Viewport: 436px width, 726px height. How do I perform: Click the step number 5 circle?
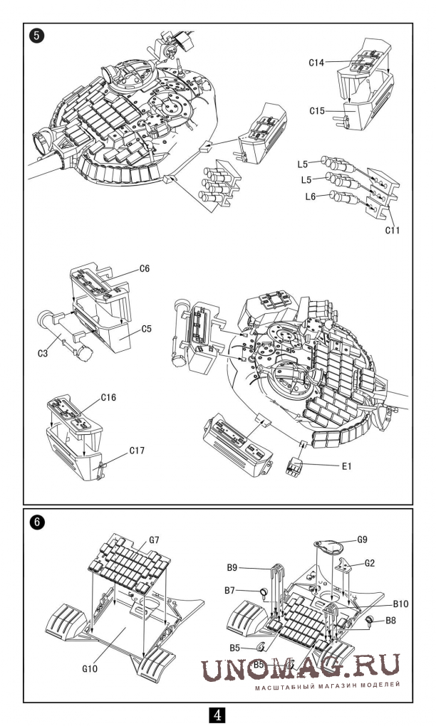[36, 36]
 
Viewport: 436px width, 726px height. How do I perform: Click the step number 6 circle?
[36, 522]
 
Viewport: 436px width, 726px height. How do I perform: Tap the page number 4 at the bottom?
[218, 715]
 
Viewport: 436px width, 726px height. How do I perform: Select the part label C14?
[316, 63]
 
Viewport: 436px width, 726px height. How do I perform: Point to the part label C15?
[318, 111]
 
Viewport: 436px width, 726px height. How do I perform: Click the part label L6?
[311, 196]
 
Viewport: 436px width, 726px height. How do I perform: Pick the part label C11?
[392, 230]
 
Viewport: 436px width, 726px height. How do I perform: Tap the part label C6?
[145, 268]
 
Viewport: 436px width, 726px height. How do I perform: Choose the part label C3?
[43, 354]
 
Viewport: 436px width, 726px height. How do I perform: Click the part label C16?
[108, 398]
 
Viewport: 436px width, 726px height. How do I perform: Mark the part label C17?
[137, 450]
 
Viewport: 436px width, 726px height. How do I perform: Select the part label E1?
[346, 466]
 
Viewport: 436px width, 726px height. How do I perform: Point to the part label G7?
[155, 540]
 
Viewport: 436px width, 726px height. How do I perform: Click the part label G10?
[90, 668]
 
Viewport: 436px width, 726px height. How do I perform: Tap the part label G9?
[363, 540]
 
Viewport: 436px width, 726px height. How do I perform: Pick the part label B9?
[232, 567]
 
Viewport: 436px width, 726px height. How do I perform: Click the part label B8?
[390, 621]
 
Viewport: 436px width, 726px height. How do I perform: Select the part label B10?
[401, 604]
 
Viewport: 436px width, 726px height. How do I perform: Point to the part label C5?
[147, 330]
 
